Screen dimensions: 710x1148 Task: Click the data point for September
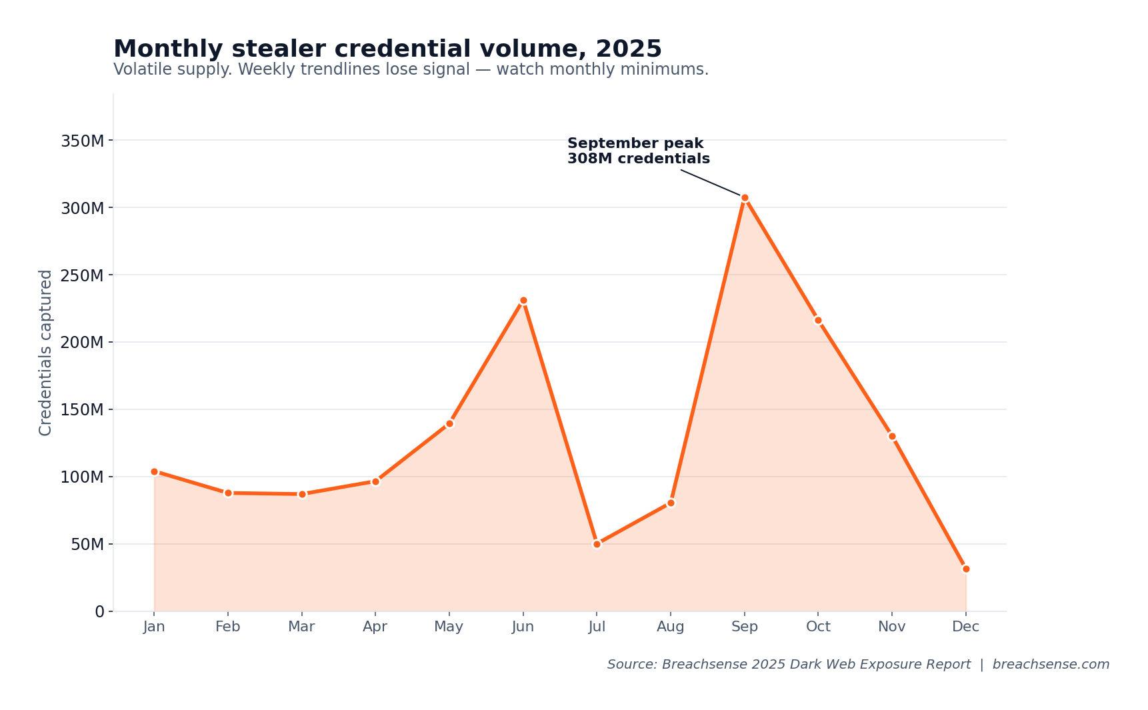(x=745, y=198)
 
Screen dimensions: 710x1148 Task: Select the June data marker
(x=523, y=301)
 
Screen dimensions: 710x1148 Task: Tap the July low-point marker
(x=597, y=544)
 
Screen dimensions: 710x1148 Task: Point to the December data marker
(x=966, y=569)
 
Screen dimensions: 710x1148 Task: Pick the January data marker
(x=154, y=471)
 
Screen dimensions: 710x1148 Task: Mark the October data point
(x=818, y=320)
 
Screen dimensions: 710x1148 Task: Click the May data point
(x=449, y=423)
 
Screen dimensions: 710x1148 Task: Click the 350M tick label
(x=82, y=141)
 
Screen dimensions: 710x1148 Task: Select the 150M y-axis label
(x=82, y=409)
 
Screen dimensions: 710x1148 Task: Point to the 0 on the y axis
(x=99, y=611)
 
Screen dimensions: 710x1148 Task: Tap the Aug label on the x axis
(x=670, y=627)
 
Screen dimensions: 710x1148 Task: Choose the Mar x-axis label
(x=301, y=627)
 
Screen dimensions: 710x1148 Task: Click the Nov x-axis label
(x=891, y=627)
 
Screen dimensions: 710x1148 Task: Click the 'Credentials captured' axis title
(x=45, y=353)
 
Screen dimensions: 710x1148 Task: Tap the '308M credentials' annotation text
(x=638, y=159)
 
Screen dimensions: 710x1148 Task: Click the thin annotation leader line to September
(x=710, y=183)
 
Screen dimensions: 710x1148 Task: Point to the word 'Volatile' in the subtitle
(x=138, y=69)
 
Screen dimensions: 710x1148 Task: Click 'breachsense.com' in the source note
(x=1051, y=665)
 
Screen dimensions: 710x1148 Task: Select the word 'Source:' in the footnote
(x=631, y=665)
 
